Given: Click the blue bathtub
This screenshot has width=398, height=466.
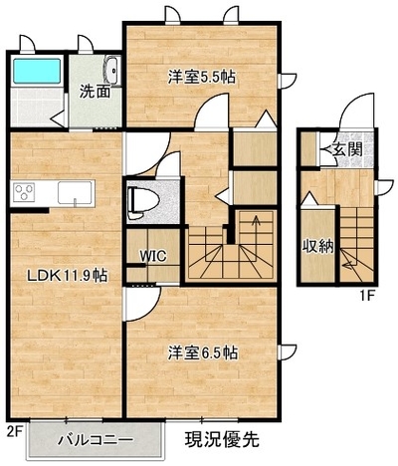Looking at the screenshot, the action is pos(37,71).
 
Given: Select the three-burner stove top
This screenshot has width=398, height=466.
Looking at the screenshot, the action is pos(24,192).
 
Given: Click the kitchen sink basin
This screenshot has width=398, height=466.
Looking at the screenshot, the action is pos(75,192).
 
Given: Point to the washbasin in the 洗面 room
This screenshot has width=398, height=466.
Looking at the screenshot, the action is pos(112,71).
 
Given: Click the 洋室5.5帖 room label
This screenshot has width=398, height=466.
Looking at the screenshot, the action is pos(201,78).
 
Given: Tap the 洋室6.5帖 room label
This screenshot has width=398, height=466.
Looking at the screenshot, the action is pos(202,352).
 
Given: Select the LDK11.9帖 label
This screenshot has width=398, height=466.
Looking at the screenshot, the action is pos(67,275).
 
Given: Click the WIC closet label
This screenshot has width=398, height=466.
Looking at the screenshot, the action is pos(152,256).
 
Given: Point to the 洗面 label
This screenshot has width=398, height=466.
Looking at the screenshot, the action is pos(95,93).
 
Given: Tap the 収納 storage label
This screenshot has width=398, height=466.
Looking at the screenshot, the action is pos(317,246).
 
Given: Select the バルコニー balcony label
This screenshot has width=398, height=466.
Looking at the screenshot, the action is pos(96,440).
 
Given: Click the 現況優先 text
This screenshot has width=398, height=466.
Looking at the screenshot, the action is pos(222,439).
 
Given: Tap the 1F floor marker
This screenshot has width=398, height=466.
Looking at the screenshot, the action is pos(367,295).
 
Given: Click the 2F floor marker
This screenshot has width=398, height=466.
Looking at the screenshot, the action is pos(15,431).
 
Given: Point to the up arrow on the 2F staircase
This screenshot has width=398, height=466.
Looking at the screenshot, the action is pos(256,230).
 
